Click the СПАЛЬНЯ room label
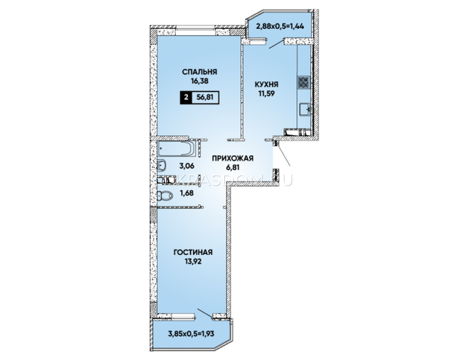click(x=199, y=72)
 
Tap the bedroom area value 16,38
click(x=199, y=81)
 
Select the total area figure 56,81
click(x=205, y=97)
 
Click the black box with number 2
click(x=186, y=98)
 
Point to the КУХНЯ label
click(x=266, y=85)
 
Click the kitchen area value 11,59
click(x=267, y=94)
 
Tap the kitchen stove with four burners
click(x=304, y=82)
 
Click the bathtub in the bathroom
click(x=176, y=148)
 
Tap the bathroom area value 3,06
click(x=187, y=166)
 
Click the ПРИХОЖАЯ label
click(x=233, y=158)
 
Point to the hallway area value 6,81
click(x=233, y=167)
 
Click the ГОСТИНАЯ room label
click(x=193, y=252)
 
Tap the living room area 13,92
click(x=193, y=261)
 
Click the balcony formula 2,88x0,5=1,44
click(x=280, y=26)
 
